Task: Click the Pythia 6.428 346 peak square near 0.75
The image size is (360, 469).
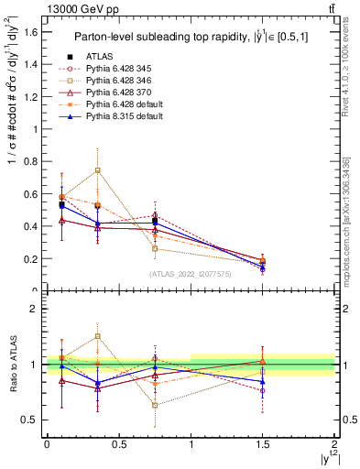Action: (97, 169)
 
